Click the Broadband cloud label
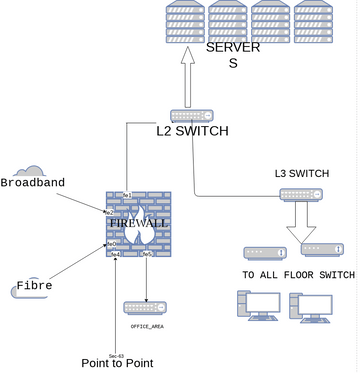[32, 183]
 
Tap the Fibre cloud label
[34, 286]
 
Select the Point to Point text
[117, 362]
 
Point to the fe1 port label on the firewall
[128, 194]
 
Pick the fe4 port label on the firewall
[116, 254]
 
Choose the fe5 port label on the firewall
[147, 254]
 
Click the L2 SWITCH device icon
[190, 115]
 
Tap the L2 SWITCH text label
[192, 131]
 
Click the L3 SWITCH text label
[301, 173]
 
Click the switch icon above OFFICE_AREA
[146, 307]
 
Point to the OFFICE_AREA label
[147, 326]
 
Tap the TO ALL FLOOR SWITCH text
[298, 274]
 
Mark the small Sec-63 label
[115, 355]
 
